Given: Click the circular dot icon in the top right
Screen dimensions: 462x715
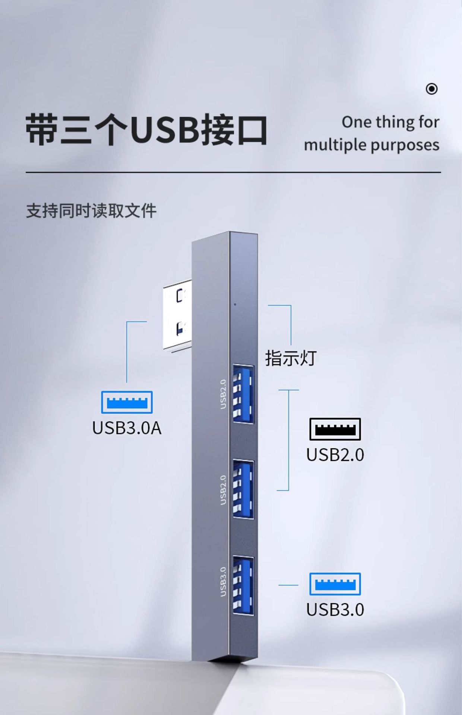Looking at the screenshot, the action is tap(431, 89).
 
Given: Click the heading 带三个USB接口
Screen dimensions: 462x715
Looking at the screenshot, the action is tap(146, 130).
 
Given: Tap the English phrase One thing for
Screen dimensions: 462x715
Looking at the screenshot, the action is tap(390, 122).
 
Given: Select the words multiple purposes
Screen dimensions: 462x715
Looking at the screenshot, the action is tap(371, 145).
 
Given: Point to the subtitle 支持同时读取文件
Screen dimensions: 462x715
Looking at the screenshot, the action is tap(91, 211).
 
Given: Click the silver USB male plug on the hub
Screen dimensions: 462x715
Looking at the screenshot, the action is tap(178, 318).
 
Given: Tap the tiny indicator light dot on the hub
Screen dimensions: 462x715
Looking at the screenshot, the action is tap(235, 304).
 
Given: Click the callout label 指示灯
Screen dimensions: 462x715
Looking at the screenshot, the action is tap(291, 358).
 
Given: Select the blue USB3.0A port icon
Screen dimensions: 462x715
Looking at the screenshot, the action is tap(127, 402).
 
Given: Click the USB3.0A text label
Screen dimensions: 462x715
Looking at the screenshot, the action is tap(127, 428).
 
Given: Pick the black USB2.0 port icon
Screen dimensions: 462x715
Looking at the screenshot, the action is tap(335, 429).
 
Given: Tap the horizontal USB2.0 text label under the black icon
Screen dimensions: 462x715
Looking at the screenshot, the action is tap(335, 455).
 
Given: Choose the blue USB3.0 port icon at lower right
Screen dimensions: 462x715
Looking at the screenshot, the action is tap(335, 584).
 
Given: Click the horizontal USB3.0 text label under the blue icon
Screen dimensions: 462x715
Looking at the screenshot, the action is tap(335, 610).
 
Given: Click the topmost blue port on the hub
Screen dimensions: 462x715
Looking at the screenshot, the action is tap(243, 393).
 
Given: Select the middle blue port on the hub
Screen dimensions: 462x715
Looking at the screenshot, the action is tap(243, 489).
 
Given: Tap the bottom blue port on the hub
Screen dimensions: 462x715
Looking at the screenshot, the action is tap(243, 585).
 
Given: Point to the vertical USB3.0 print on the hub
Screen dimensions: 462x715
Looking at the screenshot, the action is tap(223, 581).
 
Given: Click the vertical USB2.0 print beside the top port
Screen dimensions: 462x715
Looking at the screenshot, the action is tap(223, 394).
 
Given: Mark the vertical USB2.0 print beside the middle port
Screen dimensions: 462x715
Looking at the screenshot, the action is tap(223, 490).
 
